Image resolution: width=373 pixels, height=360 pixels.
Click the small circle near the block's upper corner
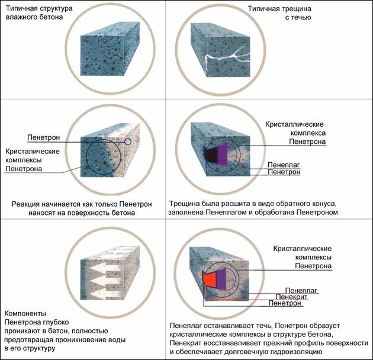pos(127,142)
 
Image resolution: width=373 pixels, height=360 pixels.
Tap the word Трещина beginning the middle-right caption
pos(187,204)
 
